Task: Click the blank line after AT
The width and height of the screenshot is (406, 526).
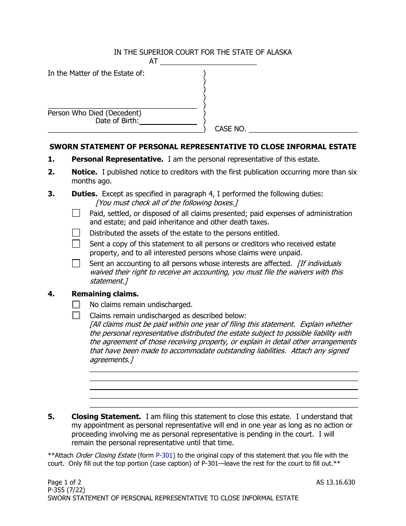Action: point(208,61)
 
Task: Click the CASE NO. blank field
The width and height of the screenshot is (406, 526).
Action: point(303,129)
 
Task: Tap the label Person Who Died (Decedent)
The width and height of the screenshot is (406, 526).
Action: point(94,113)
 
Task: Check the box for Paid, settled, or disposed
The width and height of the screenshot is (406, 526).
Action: point(76,213)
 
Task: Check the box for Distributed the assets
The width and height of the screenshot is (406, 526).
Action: point(76,233)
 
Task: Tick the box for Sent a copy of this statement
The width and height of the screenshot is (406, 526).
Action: point(76,244)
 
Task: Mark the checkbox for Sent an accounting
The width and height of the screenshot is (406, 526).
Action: point(76,263)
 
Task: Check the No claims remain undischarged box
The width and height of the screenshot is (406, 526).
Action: point(76,304)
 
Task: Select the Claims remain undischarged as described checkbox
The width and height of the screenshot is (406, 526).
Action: point(76,316)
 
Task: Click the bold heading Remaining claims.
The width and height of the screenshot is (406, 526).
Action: point(105,294)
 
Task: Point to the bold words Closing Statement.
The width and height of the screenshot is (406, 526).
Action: point(106,416)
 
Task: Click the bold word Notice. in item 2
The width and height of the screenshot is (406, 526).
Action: point(84,172)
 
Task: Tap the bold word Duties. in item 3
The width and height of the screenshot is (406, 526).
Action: point(85,194)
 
